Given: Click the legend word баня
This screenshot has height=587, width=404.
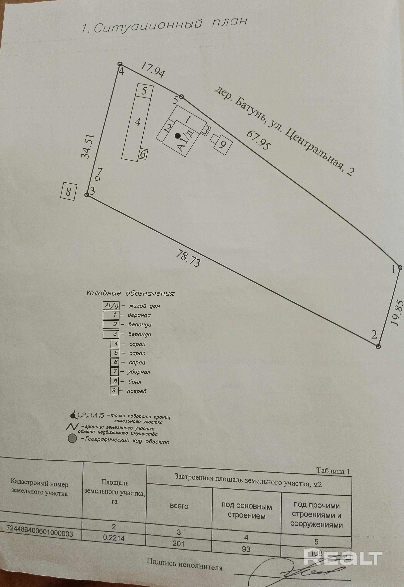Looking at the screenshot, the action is (135, 382).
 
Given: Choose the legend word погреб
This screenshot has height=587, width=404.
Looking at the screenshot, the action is (137, 391).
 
